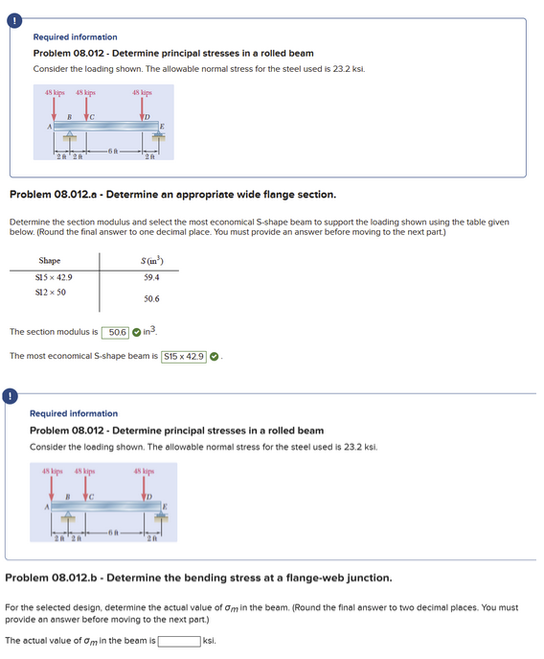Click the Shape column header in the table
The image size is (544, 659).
point(49,261)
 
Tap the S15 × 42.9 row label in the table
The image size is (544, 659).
point(53,277)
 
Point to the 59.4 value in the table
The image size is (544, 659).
point(150,277)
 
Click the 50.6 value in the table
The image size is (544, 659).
point(150,298)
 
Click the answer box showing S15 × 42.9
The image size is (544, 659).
point(184,356)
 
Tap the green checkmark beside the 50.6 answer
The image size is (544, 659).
point(138,332)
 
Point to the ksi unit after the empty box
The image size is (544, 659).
point(210,640)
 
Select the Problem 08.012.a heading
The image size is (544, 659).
point(172,195)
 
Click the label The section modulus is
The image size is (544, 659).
point(53,332)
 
